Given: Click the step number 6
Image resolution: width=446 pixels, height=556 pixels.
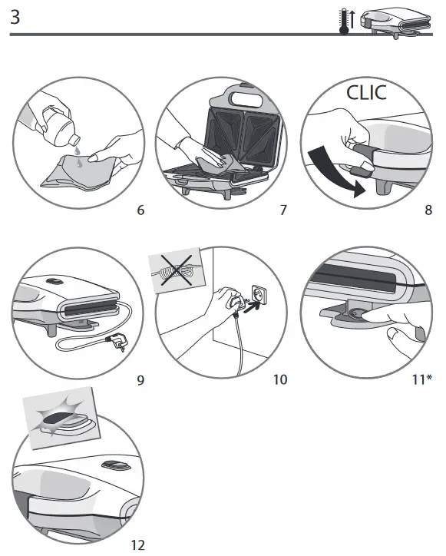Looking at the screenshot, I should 140,210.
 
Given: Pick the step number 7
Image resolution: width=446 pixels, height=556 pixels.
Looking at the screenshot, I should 283,210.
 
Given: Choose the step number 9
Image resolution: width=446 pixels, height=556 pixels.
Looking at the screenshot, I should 140,379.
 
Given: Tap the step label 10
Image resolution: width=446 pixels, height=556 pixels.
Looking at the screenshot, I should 279,379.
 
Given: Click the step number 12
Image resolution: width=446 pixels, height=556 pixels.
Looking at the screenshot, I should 137,545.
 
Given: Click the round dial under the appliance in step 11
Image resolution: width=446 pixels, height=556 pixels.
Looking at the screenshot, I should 355,313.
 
